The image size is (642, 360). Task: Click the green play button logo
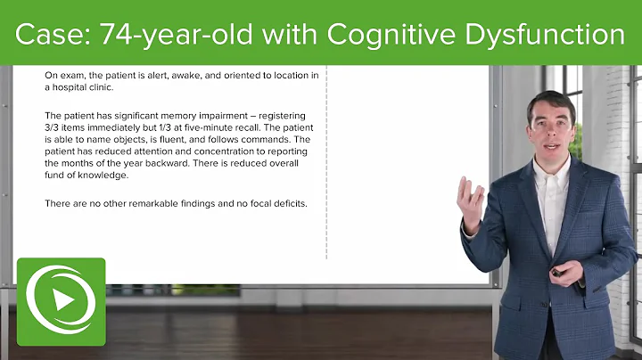[x=61, y=300]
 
